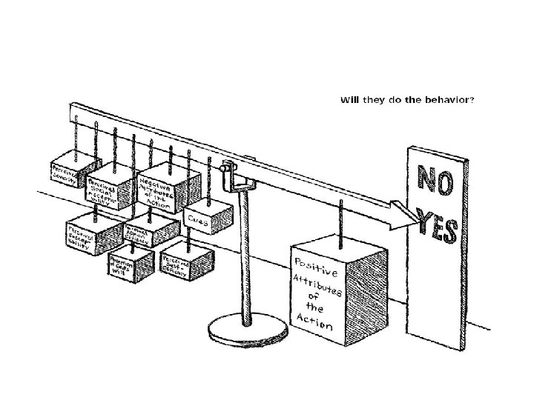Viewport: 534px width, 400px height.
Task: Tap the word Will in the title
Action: [x=349, y=99]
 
